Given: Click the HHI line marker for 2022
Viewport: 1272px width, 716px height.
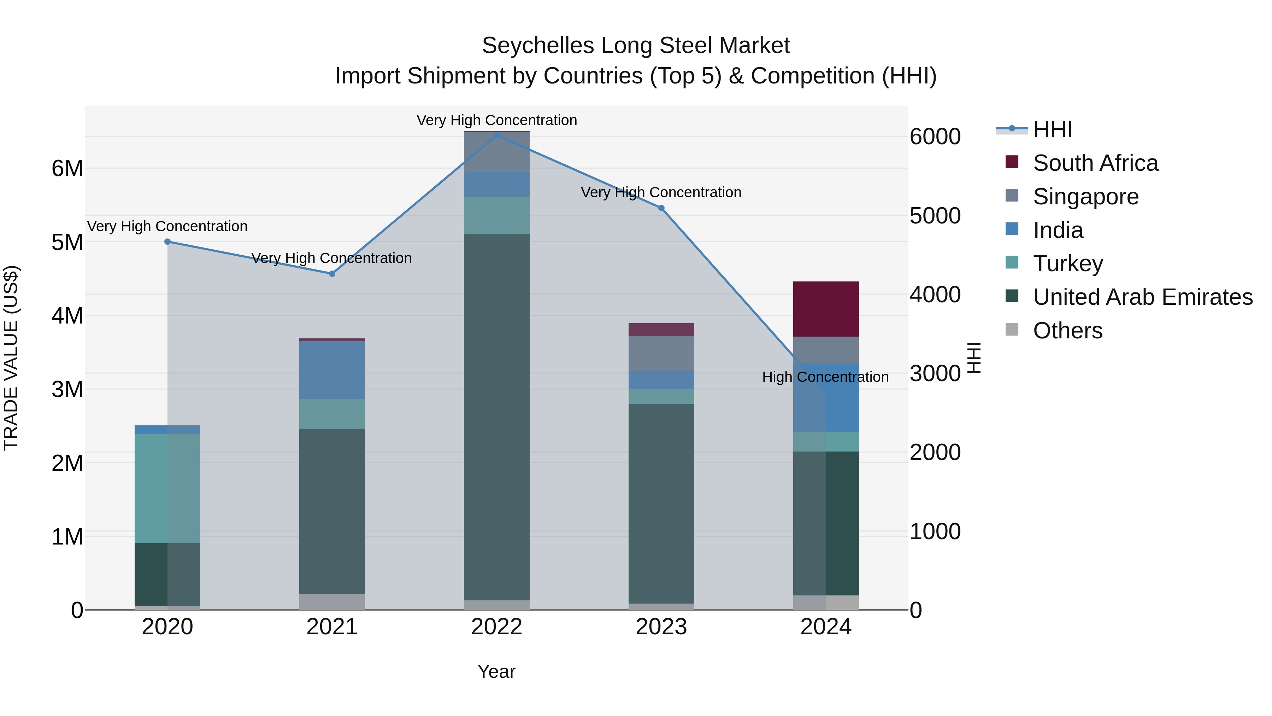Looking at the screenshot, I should click(497, 135).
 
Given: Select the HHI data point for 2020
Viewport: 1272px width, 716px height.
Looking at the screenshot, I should click(167, 241).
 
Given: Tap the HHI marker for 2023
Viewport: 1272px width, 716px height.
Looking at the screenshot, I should click(661, 208).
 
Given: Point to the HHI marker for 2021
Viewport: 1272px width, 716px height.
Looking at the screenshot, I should click(332, 274).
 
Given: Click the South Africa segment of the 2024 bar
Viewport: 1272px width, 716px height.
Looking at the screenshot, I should click(826, 309).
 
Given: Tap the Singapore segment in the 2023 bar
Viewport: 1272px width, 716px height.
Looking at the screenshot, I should click(661, 353).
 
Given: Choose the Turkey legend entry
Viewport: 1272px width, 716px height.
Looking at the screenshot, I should click(1067, 263).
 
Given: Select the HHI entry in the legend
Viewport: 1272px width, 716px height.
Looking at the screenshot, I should click(1052, 129).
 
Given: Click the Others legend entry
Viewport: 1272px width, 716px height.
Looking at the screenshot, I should click(1067, 331).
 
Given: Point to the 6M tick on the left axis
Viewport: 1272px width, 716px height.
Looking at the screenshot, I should click(67, 169).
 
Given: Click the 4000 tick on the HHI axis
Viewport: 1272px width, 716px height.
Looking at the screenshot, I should click(935, 295).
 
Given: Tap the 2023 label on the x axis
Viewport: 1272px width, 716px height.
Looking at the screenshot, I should click(661, 627).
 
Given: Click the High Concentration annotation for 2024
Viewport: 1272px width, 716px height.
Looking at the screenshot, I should click(825, 377).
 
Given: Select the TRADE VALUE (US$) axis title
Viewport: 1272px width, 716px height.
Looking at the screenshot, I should click(11, 358).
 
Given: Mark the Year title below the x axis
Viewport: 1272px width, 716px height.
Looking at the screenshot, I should click(496, 671).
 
